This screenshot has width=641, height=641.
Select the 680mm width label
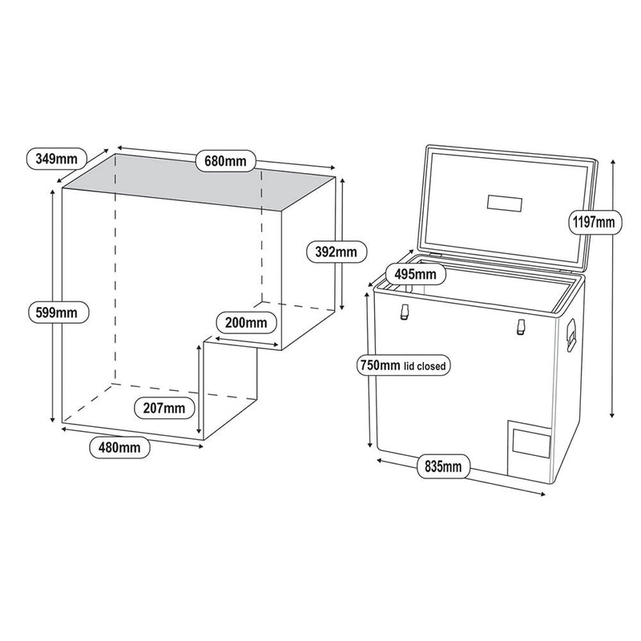[225, 161]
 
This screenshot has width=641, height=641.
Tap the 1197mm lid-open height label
[591, 220]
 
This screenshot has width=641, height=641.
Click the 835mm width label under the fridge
[443, 466]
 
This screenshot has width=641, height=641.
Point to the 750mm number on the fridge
[379, 366]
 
